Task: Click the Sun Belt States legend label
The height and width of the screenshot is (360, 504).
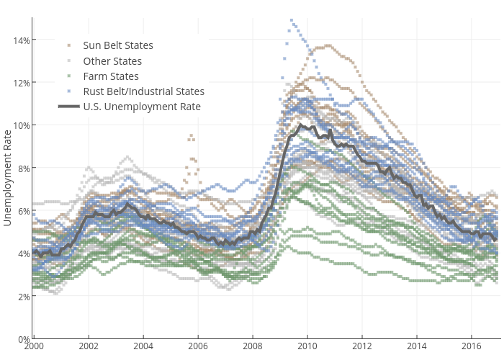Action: point(118,45)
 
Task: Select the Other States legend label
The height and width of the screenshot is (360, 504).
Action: point(112,61)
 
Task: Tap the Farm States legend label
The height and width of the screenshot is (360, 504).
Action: point(111,76)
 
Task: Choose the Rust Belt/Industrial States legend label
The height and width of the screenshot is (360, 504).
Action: point(143,91)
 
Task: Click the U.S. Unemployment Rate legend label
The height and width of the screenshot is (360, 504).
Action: point(142,107)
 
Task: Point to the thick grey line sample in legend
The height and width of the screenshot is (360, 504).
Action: point(68,107)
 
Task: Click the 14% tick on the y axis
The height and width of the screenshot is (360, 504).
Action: point(21,40)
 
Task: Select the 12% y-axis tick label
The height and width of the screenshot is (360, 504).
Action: point(21,82)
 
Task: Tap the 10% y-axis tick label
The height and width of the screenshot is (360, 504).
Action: point(21,125)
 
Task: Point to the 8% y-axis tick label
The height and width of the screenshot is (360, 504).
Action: point(23,168)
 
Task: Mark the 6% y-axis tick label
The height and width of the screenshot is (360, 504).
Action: point(23,211)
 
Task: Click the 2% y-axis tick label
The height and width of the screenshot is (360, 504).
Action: point(23,296)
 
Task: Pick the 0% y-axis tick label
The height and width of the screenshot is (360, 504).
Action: point(23,338)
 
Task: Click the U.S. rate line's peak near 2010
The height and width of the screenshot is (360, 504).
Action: point(300,125)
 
